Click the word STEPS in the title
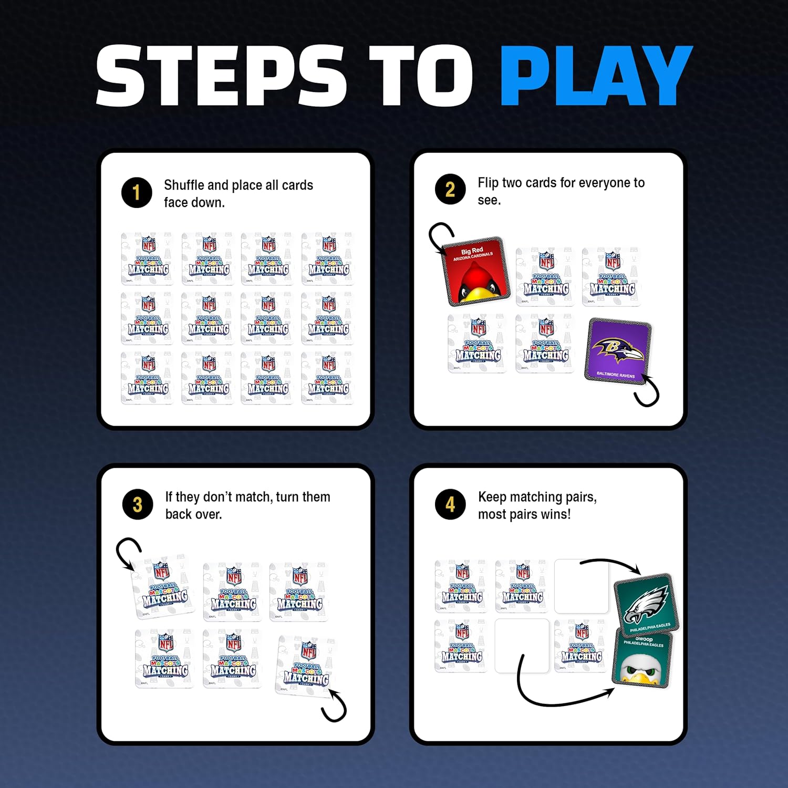tap(221, 76)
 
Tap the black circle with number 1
tap(137, 193)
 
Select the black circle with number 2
tap(450, 189)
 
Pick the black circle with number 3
tap(138, 504)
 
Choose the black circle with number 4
tap(450, 504)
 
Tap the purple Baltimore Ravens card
tap(618, 350)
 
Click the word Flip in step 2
tap(488, 183)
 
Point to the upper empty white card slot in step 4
tap(580, 586)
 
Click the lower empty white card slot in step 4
tap(522, 646)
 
